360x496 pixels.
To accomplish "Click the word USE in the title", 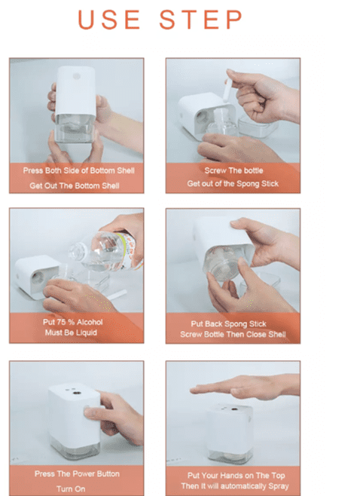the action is (109, 20).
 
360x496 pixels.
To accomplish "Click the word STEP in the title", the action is (201, 20).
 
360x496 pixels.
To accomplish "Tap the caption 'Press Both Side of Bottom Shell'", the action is (78, 170).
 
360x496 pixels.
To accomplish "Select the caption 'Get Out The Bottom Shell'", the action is (75, 185).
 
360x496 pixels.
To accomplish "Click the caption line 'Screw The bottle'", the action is (233, 170).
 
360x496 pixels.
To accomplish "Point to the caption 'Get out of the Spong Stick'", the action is (233, 184).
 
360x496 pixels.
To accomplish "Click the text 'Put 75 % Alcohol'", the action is (73, 322).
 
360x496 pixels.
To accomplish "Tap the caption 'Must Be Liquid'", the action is (71, 332).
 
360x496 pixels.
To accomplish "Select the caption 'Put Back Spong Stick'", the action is (228, 324).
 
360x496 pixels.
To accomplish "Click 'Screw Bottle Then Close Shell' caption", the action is (233, 335).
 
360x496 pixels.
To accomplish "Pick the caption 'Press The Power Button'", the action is (77, 474).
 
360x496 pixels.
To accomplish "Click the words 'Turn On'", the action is (71, 488).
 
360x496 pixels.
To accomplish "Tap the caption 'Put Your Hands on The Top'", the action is (236, 476).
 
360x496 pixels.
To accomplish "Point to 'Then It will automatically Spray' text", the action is (235, 486).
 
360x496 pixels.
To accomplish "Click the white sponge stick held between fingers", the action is (227, 90).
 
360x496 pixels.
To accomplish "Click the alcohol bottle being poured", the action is (106, 252).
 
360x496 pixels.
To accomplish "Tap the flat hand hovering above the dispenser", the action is (245, 387).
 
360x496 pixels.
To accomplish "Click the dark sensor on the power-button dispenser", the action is (76, 393).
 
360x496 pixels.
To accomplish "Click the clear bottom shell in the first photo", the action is (75, 128).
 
